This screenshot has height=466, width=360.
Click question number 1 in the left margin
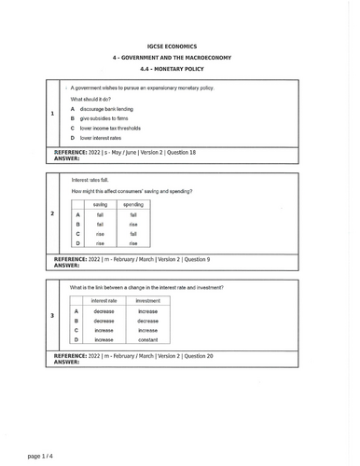pos(51,114)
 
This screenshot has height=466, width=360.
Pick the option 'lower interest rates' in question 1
pos(101,138)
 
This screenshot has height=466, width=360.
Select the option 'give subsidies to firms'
pos(104,118)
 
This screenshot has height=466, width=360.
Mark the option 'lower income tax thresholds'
pos(110,129)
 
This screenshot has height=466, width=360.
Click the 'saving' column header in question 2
pos(100,204)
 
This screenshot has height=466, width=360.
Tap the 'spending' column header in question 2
pos(133,204)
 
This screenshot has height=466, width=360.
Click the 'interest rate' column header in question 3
pos(104,301)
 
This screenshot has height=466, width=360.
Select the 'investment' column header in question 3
pos(147,301)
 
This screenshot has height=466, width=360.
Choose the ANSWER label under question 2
pos(67,265)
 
